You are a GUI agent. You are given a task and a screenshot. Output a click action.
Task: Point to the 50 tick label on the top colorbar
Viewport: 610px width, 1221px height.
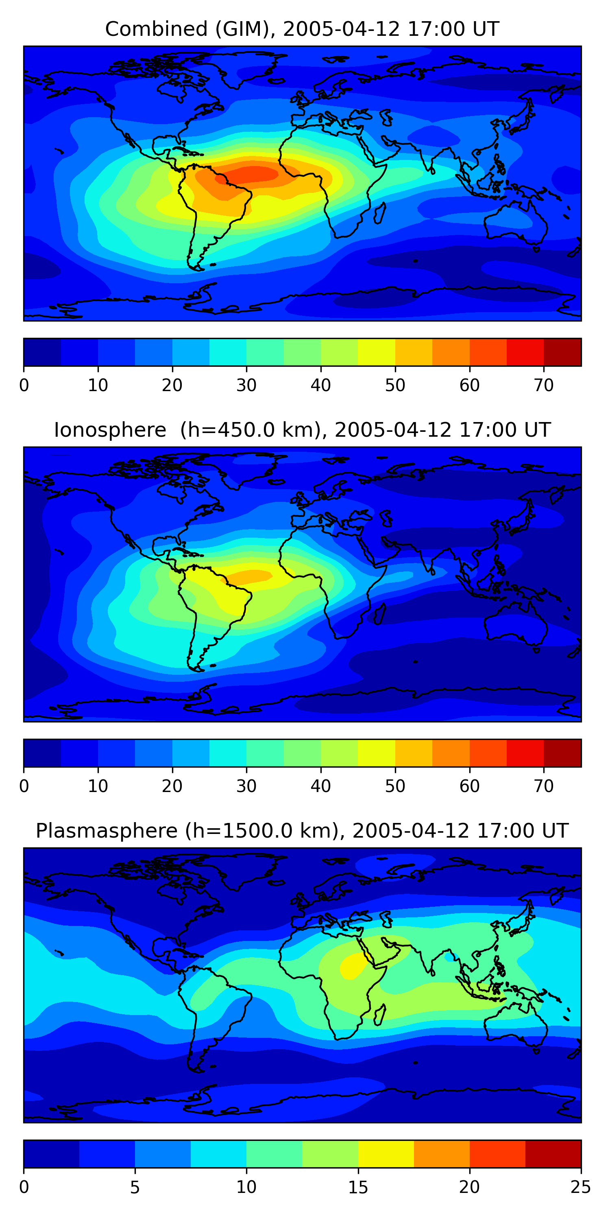(395, 385)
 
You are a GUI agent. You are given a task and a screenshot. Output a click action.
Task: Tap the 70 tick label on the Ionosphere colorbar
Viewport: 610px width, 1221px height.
(544, 786)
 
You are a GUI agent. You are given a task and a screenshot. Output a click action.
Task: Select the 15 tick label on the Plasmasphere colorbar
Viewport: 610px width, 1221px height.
(358, 1187)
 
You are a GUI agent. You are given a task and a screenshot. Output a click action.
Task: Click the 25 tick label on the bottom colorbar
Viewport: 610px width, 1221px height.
(581, 1187)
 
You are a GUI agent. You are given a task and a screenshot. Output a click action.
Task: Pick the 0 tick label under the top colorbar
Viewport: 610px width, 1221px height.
(24, 385)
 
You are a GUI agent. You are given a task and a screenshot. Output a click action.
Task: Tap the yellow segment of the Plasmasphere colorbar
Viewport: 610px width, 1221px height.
(386, 1154)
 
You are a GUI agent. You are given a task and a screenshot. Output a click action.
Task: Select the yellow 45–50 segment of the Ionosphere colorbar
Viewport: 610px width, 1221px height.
(377, 753)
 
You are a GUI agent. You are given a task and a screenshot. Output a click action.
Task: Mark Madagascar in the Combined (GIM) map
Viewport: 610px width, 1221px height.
(379, 213)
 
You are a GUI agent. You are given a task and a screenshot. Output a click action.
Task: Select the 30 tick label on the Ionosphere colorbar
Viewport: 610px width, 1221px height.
(246, 786)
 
